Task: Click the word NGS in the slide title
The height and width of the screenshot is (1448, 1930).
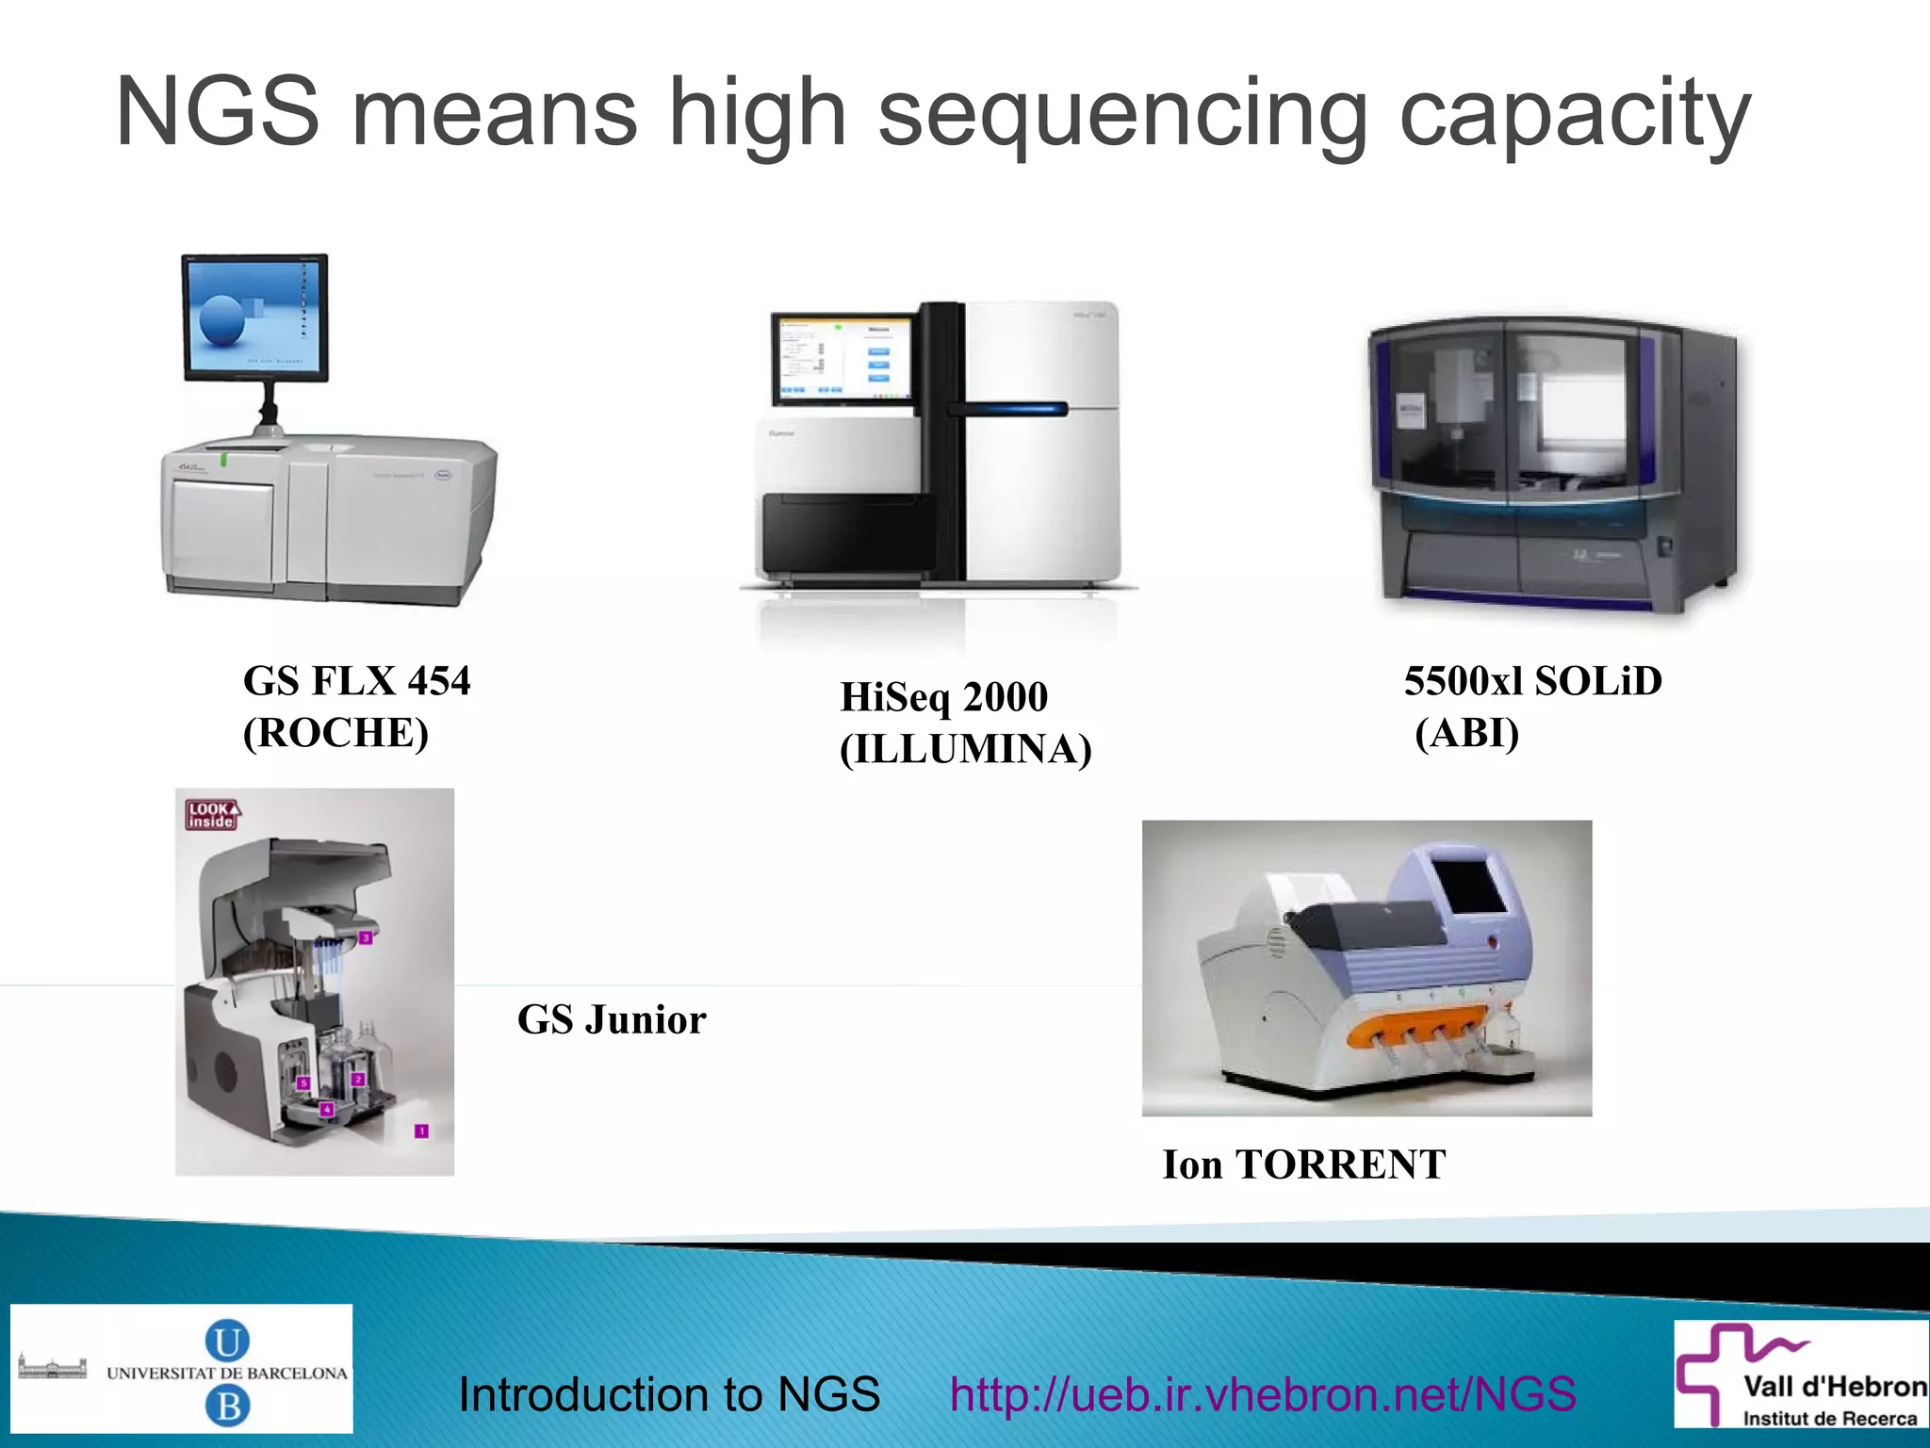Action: [218, 113]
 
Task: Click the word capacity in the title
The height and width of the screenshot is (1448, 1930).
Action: [1575, 117]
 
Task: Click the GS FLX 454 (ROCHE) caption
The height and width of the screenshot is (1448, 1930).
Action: [356, 707]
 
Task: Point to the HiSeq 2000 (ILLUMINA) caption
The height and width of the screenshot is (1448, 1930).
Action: [965, 723]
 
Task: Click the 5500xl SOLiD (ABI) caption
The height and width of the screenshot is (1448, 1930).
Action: [1532, 707]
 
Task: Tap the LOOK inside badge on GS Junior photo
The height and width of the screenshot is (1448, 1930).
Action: [212, 815]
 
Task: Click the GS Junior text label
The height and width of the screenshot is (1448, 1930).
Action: [612, 1019]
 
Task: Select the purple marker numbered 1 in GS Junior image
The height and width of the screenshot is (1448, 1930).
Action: [421, 1131]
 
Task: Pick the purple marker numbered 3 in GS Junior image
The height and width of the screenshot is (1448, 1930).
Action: [367, 937]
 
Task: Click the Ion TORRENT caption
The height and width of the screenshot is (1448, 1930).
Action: [1303, 1164]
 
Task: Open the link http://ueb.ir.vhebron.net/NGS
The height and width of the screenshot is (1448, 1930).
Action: [1263, 1393]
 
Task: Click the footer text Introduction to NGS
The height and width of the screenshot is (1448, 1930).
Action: [669, 1393]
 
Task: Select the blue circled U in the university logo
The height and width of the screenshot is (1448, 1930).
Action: [227, 1341]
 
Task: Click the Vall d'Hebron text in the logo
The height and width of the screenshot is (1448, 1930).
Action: [1834, 1387]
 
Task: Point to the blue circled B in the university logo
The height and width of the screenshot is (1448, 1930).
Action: [227, 1407]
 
